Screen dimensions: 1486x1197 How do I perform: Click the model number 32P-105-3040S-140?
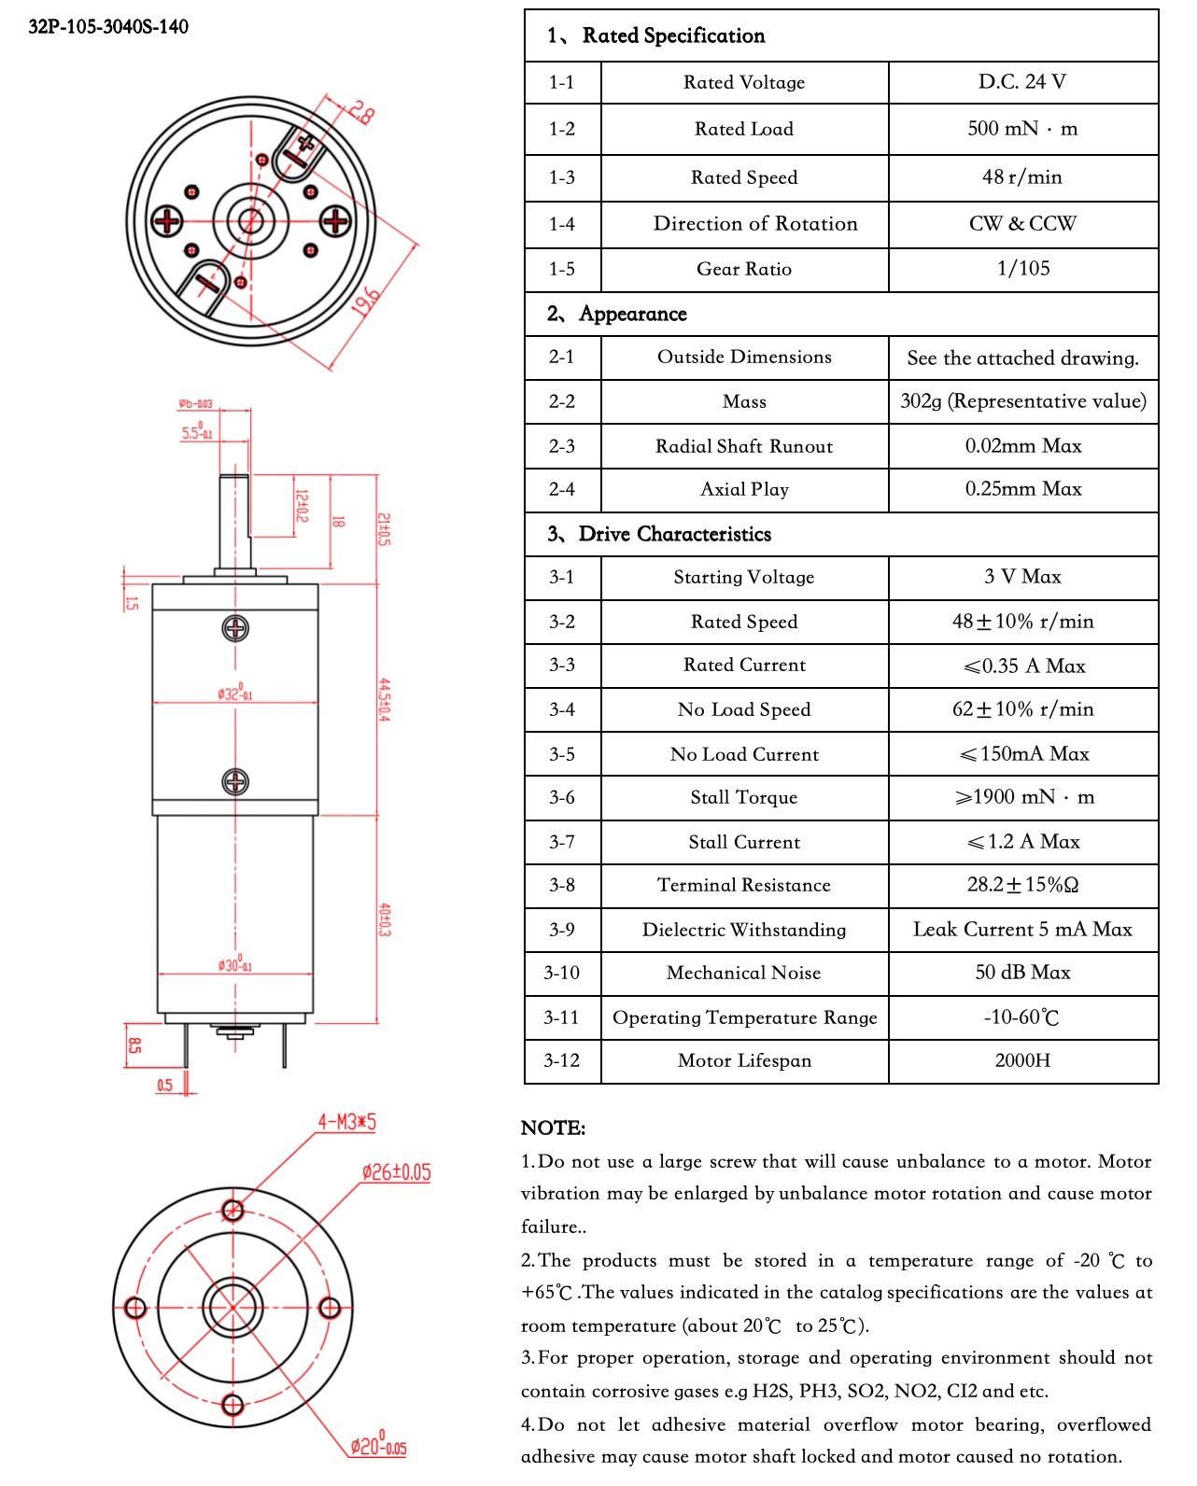(108, 26)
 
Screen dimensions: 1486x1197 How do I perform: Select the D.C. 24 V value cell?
(1021, 82)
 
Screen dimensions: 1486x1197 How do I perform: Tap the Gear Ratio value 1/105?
(1022, 269)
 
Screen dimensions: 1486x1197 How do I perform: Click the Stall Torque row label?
(743, 797)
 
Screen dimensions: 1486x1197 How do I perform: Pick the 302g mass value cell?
(1022, 401)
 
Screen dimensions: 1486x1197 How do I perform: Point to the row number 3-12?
(561, 1060)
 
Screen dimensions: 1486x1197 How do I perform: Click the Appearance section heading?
(632, 314)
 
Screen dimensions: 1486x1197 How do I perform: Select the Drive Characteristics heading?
(674, 534)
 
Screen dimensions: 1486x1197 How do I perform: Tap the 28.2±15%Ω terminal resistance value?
(1022, 885)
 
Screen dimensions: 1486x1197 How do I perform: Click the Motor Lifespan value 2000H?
(1022, 1060)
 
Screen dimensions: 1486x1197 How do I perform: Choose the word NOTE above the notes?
(553, 1128)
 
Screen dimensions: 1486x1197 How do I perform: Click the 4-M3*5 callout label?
(346, 1121)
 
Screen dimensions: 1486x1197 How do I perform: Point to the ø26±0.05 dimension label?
(396, 1172)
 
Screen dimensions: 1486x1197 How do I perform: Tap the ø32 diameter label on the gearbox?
(234, 694)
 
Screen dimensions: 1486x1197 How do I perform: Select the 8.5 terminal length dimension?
(134, 1044)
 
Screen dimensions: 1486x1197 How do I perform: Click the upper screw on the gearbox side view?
(235, 628)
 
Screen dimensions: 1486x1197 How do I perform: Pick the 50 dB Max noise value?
(1022, 973)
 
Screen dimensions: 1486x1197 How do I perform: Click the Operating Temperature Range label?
(744, 1017)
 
